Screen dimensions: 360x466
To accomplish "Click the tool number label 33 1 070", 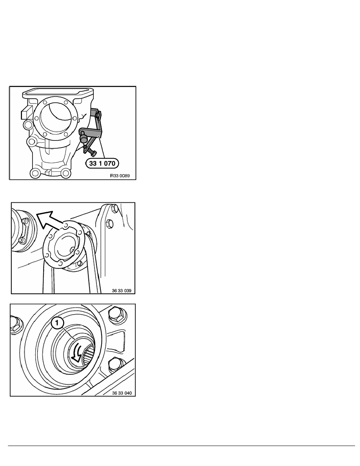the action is tap(102, 163).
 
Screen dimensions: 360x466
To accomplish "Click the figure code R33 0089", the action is tap(120, 176).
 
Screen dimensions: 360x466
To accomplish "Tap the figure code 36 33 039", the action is tap(122, 290).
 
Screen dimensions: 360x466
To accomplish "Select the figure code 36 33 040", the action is tap(122, 393).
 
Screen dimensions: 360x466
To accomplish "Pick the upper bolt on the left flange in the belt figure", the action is tap(24, 221).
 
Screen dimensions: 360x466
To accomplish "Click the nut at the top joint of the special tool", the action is tap(98, 114).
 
